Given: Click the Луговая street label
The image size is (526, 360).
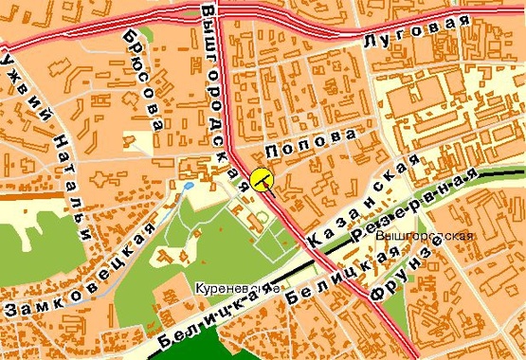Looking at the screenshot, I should [418, 31].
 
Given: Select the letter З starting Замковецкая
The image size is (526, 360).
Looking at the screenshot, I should [12, 309].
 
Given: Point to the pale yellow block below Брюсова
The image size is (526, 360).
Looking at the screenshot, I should [140, 140].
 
